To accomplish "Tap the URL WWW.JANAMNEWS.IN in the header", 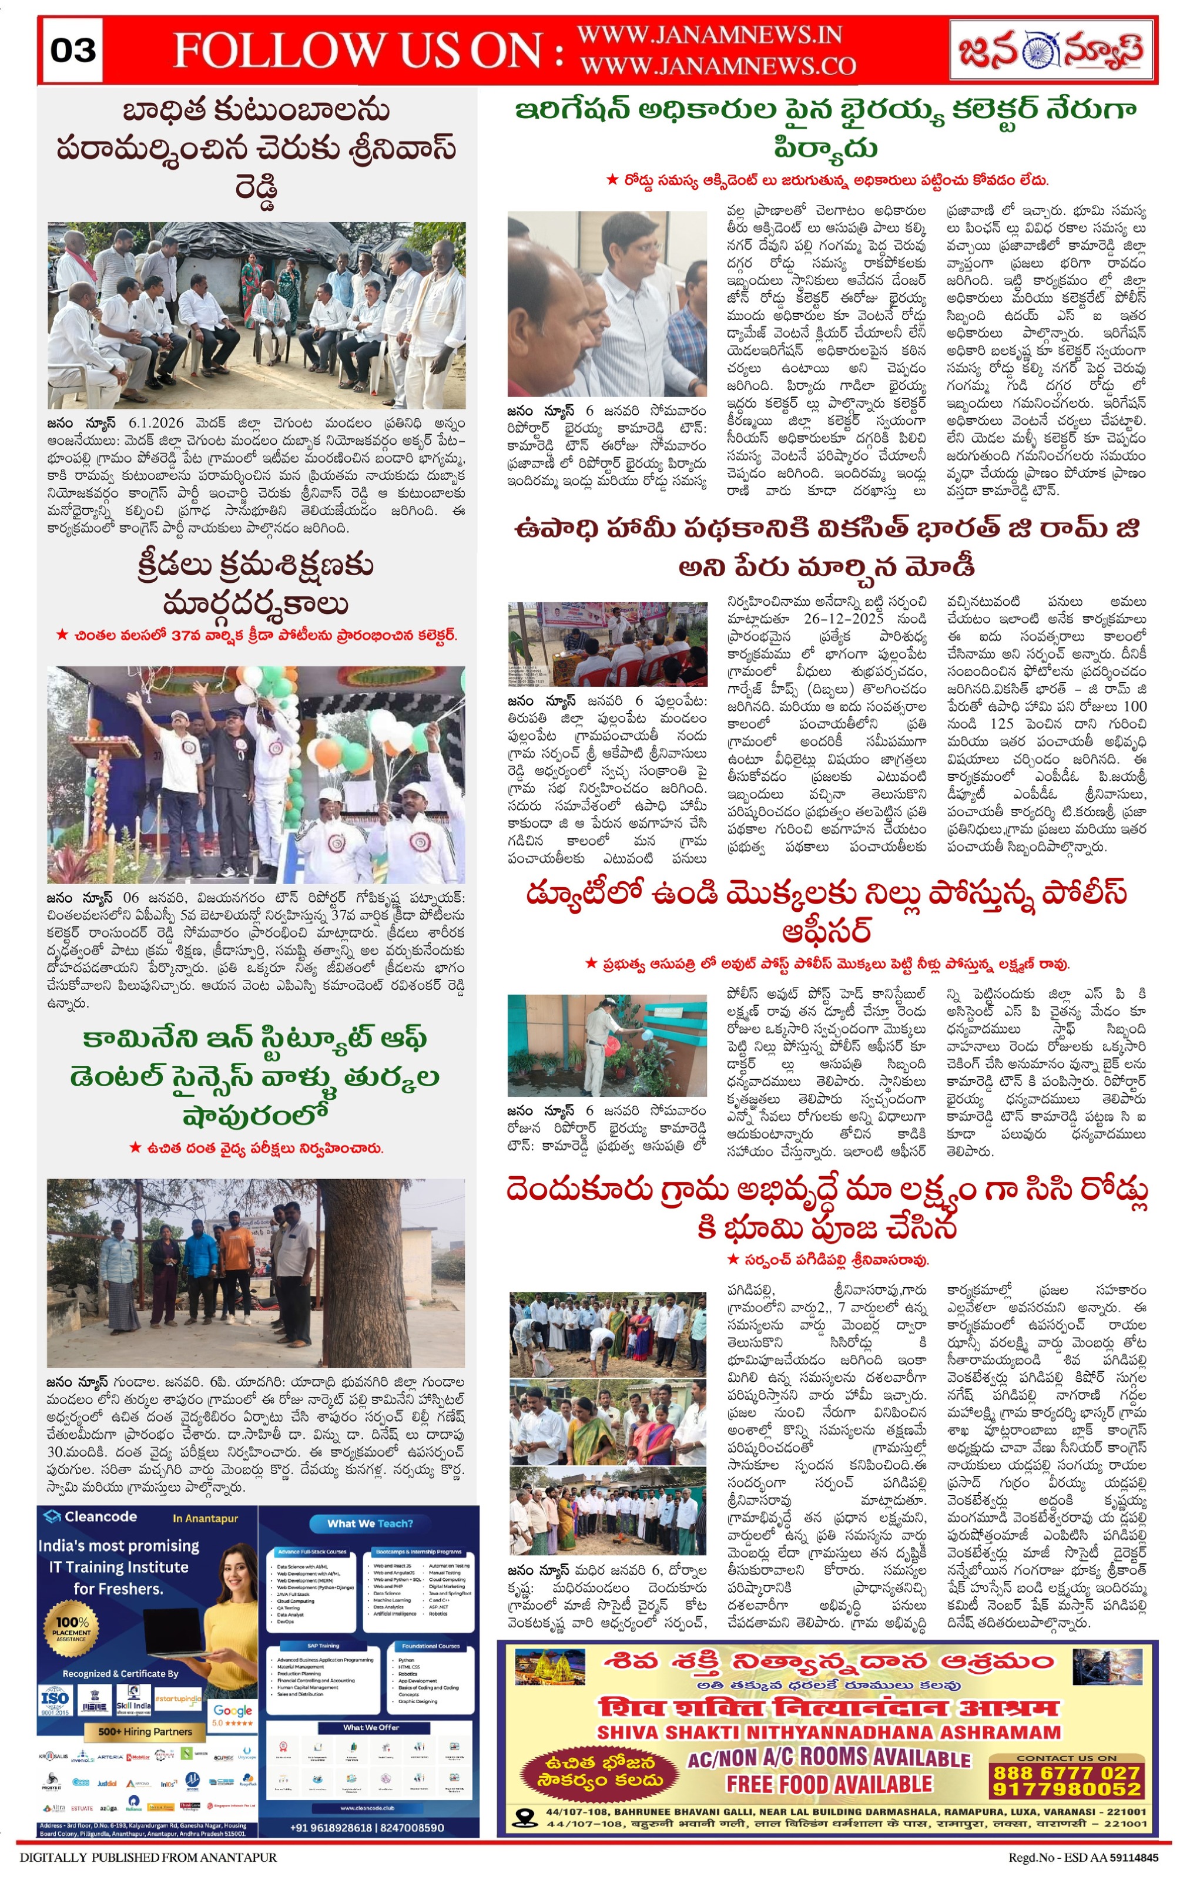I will point(709,35).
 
